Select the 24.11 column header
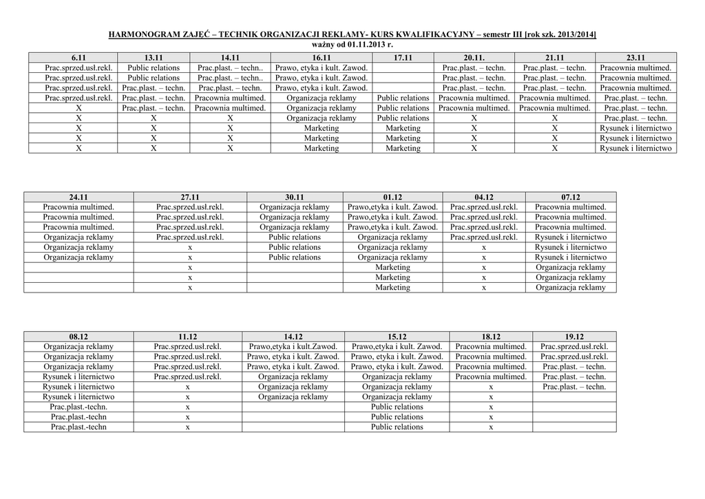[78, 197]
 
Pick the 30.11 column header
[295, 197]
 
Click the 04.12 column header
[484, 197]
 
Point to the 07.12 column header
[571, 197]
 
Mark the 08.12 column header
[78, 337]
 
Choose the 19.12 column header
[574, 337]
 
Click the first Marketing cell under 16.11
[322, 128]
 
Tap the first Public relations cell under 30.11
[295, 237]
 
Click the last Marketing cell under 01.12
[392, 288]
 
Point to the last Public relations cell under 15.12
[397, 427]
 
